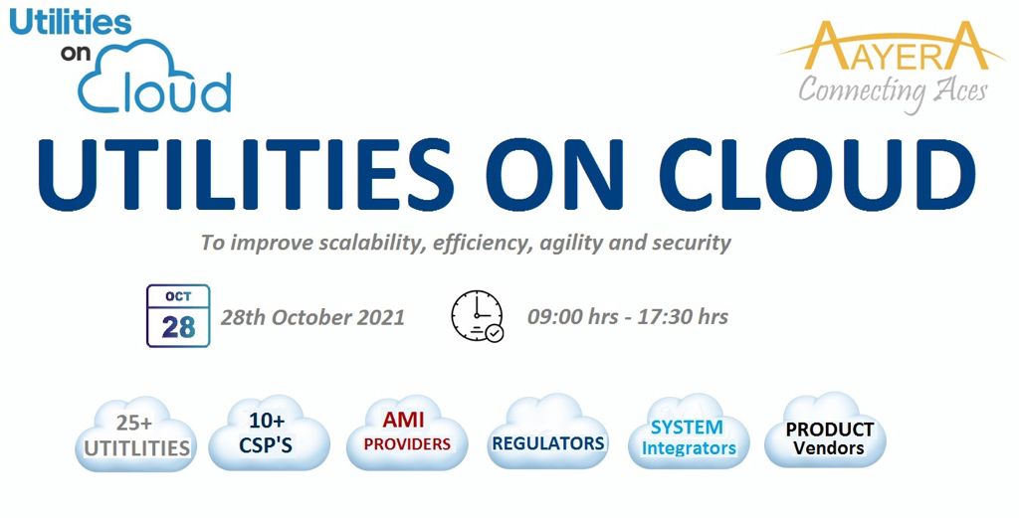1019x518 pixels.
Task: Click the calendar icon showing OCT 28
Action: click(x=178, y=316)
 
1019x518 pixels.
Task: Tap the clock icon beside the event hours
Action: click(x=478, y=315)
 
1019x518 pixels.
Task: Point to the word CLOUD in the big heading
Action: click(x=823, y=173)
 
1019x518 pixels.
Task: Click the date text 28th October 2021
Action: click(x=312, y=317)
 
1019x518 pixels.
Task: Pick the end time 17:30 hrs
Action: click(x=683, y=317)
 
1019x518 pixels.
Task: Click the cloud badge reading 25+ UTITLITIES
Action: click(x=135, y=434)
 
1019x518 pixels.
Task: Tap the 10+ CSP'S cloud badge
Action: click(x=269, y=432)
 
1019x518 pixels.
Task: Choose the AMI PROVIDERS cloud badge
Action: click(x=407, y=432)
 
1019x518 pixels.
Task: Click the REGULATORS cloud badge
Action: click(x=547, y=432)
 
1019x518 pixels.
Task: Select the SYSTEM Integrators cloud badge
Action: click(x=689, y=432)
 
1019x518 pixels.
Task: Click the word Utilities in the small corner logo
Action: click(x=71, y=24)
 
